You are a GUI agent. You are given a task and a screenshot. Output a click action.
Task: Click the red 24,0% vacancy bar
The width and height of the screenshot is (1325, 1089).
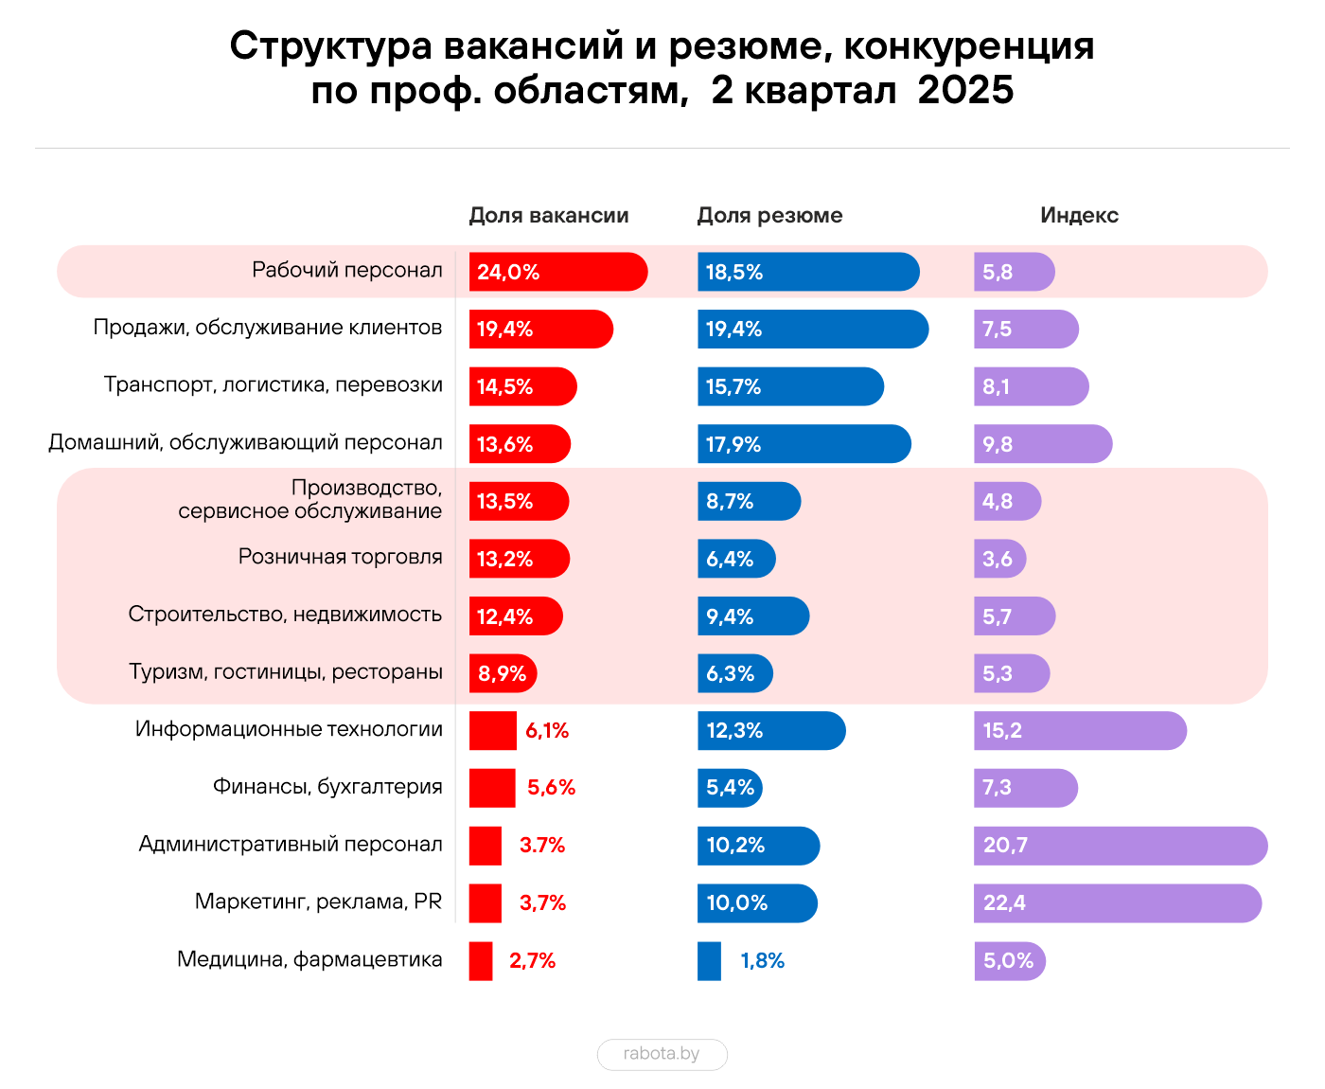[x=557, y=272]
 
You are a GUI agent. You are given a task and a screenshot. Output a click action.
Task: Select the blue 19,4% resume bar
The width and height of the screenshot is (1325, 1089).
[x=812, y=329]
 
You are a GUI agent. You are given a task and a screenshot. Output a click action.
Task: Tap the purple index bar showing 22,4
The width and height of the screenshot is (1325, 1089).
[x=1117, y=902]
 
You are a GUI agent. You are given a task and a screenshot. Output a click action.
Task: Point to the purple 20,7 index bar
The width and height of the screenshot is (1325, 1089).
[x=1120, y=845]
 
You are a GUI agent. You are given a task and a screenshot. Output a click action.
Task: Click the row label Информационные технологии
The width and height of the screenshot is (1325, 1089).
[x=289, y=729]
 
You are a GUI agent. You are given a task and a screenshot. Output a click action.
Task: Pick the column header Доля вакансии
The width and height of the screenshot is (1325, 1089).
[x=549, y=215]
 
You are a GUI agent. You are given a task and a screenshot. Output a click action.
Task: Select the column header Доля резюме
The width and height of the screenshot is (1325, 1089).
[x=769, y=215]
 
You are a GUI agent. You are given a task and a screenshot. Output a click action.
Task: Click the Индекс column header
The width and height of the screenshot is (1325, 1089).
[x=1079, y=215]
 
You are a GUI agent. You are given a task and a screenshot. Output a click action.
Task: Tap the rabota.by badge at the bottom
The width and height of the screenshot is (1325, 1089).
[x=662, y=1054]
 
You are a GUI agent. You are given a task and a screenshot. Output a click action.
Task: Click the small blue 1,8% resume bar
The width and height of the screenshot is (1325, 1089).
[x=709, y=960]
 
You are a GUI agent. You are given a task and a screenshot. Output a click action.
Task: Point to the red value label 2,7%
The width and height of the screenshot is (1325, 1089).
[x=532, y=960]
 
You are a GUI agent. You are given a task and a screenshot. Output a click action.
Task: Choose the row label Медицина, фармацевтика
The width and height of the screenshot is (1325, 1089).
[x=309, y=959]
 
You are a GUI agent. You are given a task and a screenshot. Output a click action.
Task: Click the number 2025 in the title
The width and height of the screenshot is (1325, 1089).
[x=965, y=91]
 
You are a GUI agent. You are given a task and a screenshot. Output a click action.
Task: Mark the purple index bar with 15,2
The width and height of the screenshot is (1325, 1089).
[x=1079, y=730]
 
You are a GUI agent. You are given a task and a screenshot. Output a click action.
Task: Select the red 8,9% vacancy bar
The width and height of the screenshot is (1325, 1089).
[x=503, y=673]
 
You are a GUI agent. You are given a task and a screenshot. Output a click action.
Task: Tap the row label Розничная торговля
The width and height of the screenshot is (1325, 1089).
[x=340, y=557]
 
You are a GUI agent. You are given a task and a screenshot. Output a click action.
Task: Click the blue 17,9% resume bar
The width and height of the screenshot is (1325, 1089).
[x=804, y=443]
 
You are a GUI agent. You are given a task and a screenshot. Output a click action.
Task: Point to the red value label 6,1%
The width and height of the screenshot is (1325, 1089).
[x=547, y=730]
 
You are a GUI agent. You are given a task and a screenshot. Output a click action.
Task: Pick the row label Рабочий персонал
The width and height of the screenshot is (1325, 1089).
[x=346, y=270]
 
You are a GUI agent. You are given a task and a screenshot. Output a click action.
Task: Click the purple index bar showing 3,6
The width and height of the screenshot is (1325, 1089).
[x=999, y=559]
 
